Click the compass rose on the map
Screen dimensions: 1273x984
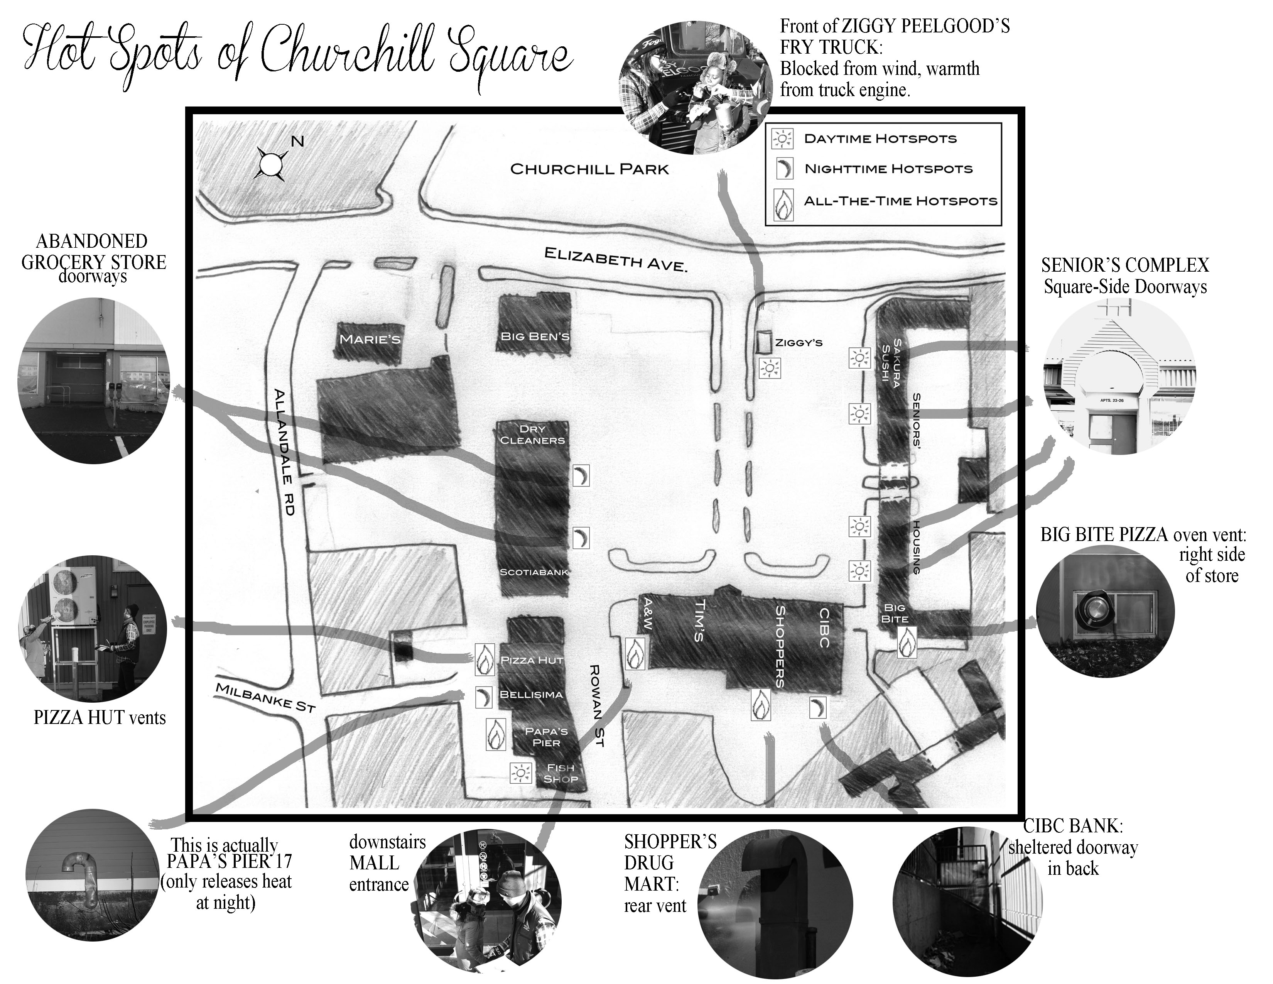point(271,164)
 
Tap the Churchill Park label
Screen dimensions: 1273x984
point(589,170)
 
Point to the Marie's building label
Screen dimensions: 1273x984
point(370,339)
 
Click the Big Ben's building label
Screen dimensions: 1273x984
point(535,336)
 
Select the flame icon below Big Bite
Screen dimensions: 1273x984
point(907,643)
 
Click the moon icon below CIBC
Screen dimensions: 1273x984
point(818,708)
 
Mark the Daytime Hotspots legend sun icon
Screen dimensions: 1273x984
point(782,139)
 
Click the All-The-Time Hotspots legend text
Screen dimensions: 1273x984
point(900,201)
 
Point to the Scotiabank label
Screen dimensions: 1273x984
point(534,572)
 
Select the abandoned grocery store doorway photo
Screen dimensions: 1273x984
point(94,380)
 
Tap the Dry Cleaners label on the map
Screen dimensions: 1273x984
point(532,435)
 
